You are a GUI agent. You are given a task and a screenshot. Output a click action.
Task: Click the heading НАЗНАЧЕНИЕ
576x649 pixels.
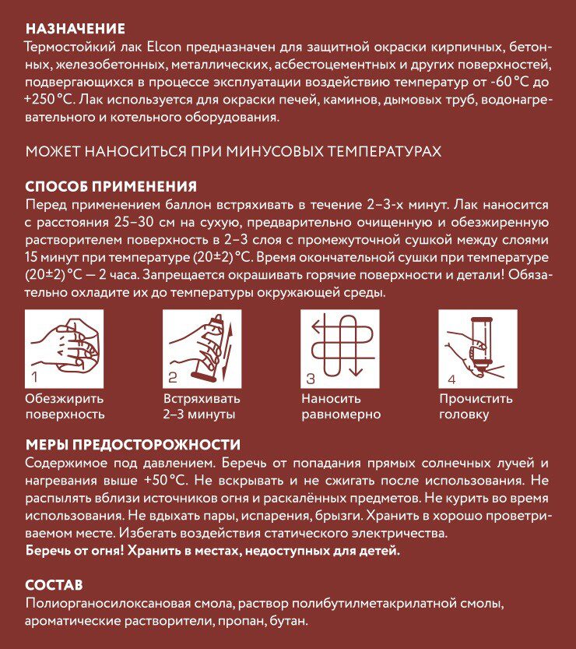click(75, 29)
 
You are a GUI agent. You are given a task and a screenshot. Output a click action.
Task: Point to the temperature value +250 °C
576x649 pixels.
click(48, 100)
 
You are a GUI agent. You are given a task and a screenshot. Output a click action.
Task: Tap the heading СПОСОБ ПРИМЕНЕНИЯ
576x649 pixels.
click(111, 187)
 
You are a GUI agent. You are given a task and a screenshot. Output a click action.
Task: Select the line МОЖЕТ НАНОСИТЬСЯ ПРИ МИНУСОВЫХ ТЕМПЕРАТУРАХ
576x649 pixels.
click(234, 152)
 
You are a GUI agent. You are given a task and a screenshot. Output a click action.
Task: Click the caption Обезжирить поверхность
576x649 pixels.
click(65, 407)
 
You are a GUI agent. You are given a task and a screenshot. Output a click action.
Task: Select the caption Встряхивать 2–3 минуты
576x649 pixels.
click(202, 407)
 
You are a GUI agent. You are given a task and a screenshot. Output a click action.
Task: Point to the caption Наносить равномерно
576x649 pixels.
click(341, 407)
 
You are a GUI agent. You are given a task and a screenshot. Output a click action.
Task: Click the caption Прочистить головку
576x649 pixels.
click(476, 407)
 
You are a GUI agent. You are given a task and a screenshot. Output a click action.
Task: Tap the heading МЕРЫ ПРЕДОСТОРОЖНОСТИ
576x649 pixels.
click(133, 445)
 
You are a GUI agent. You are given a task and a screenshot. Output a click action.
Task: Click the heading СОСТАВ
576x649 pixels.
click(54, 585)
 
